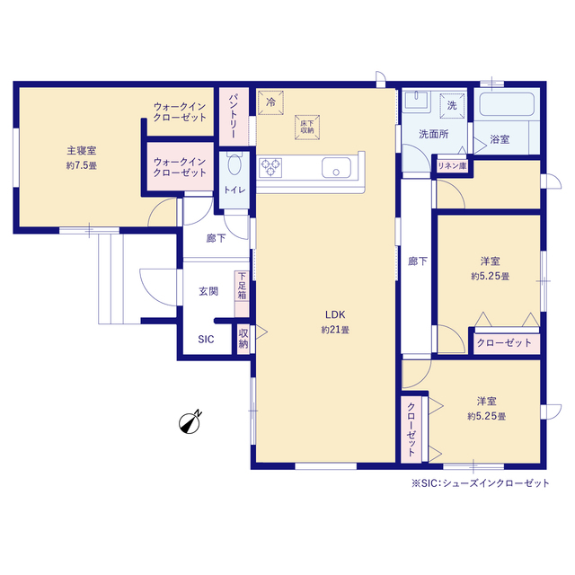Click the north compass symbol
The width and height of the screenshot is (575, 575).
tap(190, 421)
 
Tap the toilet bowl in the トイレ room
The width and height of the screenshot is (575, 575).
tap(234, 164)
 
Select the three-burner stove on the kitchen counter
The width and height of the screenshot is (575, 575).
tap(270, 168)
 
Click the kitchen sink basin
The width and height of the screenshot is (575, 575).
tap(336, 168)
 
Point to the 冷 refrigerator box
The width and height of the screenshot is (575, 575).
tap(271, 102)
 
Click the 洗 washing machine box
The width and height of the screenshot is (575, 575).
tap(452, 106)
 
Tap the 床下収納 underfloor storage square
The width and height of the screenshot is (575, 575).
tap(307, 128)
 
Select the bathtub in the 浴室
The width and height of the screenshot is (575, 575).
tap(507, 104)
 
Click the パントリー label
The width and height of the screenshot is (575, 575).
tap(234, 116)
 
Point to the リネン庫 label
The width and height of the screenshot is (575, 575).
tap(452, 166)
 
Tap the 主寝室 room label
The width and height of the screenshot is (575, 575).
tap(82, 150)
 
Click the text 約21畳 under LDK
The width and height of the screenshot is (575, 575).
tap(335, 330)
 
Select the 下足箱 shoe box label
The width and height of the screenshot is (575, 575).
tap(242, 286)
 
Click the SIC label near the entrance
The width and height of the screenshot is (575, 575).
tap(206, 340)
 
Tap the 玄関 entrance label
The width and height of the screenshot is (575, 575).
tap(208, 291)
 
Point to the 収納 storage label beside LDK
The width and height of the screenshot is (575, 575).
tap(243, 339)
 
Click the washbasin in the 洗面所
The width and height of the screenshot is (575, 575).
tap(417, 100)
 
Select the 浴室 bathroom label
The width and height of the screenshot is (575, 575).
tap(500, 139)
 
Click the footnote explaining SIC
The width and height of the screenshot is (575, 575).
tap(481, 483)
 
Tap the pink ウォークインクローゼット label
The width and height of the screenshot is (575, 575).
tap(180, 167)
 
